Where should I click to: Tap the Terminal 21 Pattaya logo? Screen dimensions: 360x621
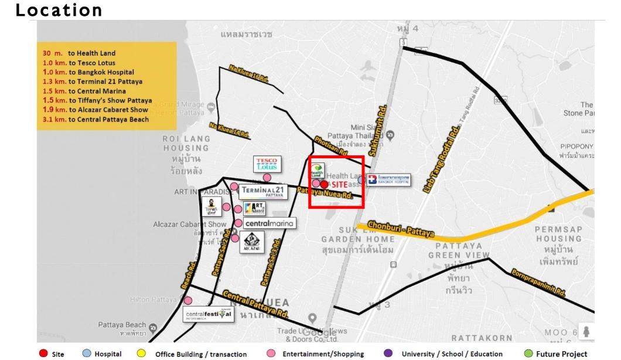(266, 191)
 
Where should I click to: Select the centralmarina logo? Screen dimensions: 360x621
(268, 223)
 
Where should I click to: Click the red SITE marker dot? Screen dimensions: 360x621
(324, 184)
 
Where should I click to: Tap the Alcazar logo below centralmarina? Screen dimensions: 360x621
(249, 240)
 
